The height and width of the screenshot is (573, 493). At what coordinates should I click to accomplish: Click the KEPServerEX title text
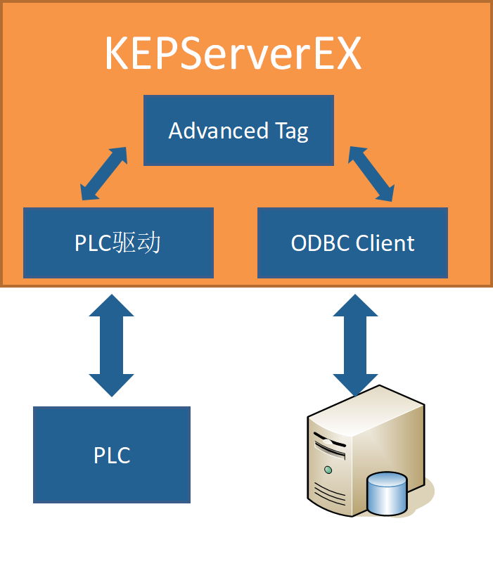click(233, 53)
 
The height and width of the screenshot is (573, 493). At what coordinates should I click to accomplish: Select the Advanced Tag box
click(238, 131)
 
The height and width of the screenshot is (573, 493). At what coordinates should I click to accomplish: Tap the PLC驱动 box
click(118, 243)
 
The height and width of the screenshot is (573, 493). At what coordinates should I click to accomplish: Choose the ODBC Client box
click(352, 243)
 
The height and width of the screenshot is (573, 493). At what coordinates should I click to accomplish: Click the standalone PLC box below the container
click(112, 454)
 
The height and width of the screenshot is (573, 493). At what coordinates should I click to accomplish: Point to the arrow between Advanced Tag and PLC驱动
click(103, 173)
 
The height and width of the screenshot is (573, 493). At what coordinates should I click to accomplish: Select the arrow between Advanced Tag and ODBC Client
click(371, 173)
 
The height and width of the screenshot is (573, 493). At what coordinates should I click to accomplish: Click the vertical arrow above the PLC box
click(112, 345)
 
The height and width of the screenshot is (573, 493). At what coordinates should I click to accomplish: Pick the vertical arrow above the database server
click(355, 345)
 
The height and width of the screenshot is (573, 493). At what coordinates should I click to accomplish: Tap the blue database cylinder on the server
click(387, 494)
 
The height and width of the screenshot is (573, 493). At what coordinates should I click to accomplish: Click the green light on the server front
click(328, 469)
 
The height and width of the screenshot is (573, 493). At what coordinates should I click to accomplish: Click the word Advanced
click(218, 131)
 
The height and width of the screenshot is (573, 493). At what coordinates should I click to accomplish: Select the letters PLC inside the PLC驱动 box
click(96, 243)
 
